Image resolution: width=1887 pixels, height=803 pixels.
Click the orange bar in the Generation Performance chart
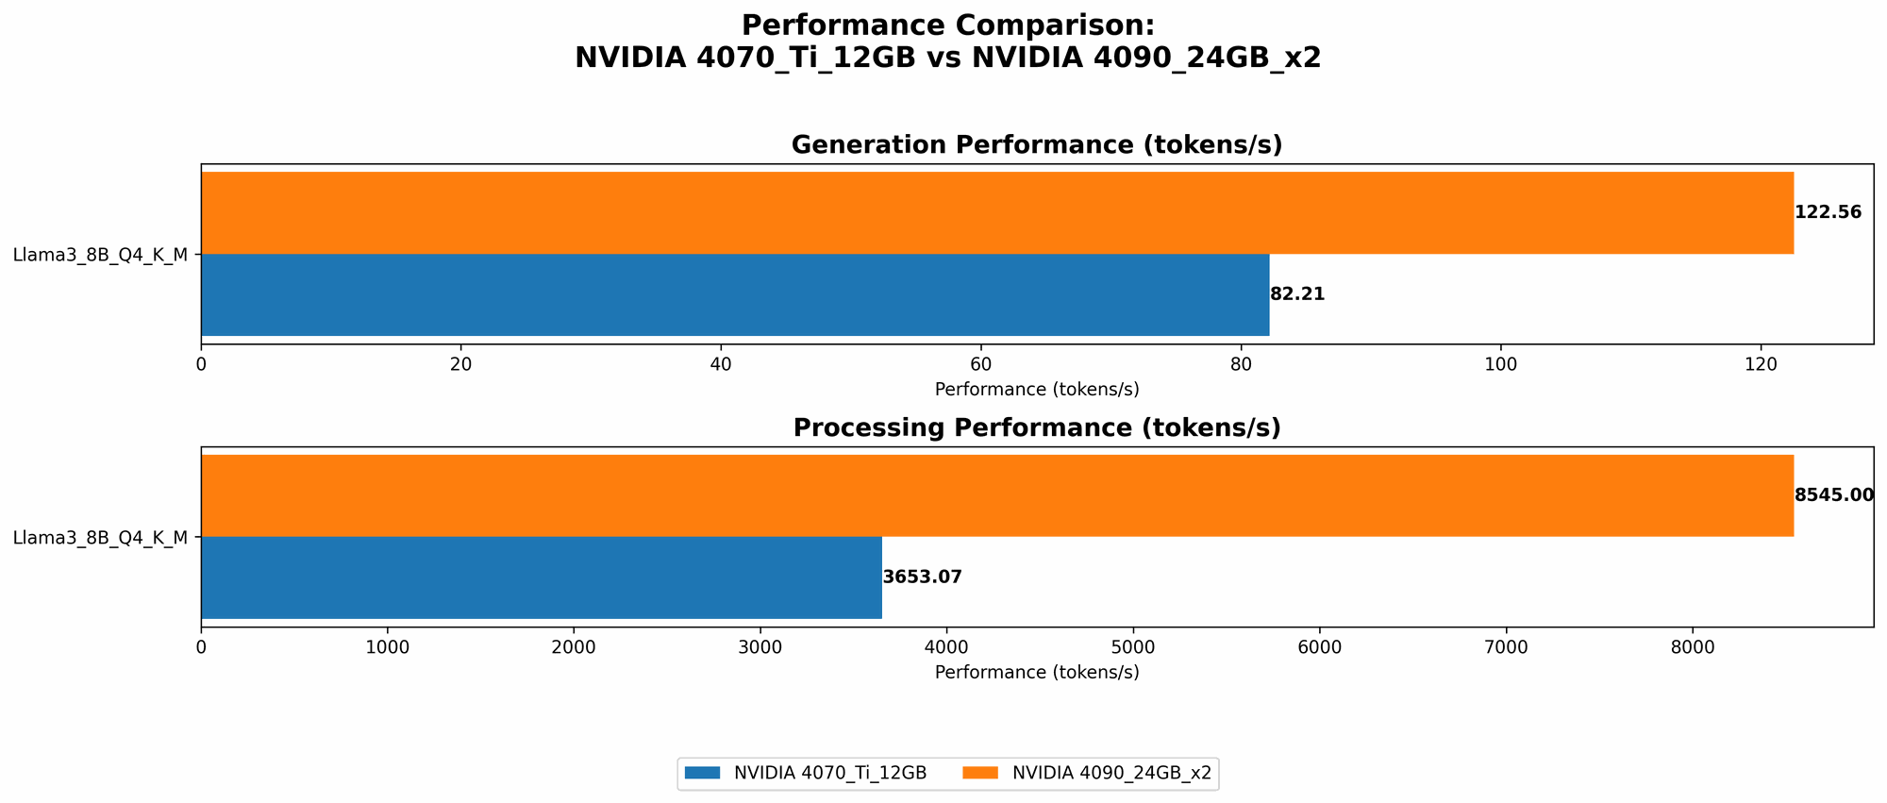tap(996, 213)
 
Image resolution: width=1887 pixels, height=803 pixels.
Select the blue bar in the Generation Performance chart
tap(735, 294)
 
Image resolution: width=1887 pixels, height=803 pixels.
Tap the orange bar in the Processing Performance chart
tap(996, 496)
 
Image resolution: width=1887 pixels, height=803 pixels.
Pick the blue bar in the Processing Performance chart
tap(542, 577)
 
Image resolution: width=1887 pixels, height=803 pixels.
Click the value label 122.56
tap(1828, 212)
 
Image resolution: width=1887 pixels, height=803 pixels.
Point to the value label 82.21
tap(1297, 294)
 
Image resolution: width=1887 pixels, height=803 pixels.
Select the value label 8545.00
tap(1833, 495)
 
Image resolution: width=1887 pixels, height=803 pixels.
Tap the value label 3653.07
tap(922, 577)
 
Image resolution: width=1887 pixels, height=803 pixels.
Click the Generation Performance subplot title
tap(1036, 145)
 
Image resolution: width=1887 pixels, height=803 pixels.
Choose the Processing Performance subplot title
tap(1036, 428)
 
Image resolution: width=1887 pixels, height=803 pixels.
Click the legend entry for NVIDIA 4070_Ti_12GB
tap(807, 773)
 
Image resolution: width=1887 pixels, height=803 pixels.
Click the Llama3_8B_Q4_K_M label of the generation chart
tap(100, 255)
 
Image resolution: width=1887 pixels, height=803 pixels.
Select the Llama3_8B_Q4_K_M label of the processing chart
tap(100, 538)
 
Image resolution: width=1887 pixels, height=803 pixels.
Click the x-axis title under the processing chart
tap(1036, 673)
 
